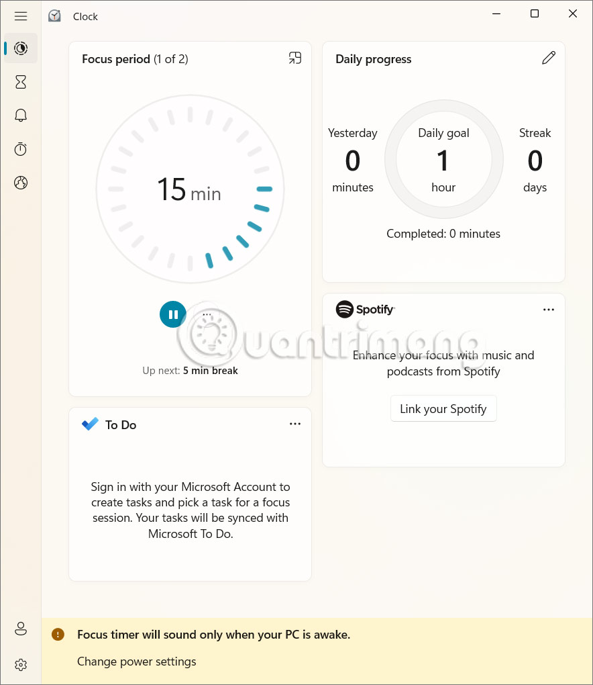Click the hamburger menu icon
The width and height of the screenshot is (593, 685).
[x=21, y=16]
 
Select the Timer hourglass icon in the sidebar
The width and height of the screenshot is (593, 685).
[x=21, y=82]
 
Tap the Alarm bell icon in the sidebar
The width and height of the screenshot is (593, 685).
[x=21, y=116]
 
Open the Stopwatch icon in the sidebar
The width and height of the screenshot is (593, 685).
[x=21, y=149]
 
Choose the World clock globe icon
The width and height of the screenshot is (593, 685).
[x=21, y=183]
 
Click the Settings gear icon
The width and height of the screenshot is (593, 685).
[x=21, y=665]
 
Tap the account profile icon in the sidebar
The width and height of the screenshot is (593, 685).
[x=21, y=629]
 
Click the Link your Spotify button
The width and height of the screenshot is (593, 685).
[x=443, y=409]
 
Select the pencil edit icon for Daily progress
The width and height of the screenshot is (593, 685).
[x=549, y=58]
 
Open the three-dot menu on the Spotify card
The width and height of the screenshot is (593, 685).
[x=549, y=310]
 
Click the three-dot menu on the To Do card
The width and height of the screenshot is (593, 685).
[x=295, y=424]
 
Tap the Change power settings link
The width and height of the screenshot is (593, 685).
[x=137, y=661]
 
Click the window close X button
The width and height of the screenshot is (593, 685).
[x=573, y=14]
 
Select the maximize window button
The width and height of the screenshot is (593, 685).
[x=535, y=14]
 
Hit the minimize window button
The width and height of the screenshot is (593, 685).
[x=496, y=14]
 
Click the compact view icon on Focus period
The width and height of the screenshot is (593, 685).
[x=295, y=58]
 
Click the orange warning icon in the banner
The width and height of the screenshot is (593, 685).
[x=58, y=634]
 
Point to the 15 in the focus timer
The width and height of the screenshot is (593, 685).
[x=171, y=190]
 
